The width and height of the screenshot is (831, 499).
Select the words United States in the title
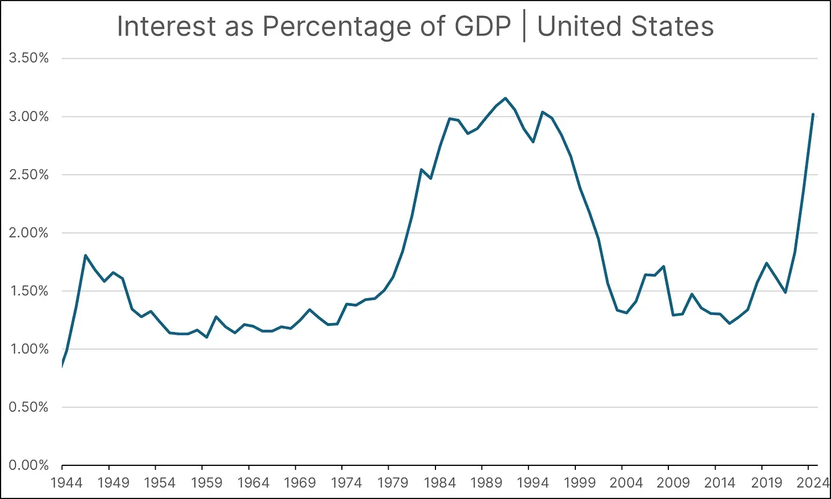pos(626,27)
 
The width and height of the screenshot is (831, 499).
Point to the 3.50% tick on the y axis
pos(29,58)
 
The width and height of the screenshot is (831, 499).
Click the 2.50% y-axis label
pos(29,175)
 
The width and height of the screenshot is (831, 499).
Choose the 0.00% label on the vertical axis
pos(29,465)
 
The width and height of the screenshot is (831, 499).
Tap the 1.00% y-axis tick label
pos(29,349)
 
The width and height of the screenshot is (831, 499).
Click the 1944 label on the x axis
pos(66,483)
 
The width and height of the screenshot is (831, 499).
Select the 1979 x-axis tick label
pos(393,483)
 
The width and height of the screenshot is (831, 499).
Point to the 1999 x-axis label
pos(579,483)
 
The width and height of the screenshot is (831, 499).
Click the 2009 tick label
pos(673,483)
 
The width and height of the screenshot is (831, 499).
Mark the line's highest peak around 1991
pos(506,98)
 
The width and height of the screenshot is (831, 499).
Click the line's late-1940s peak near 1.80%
pos(86,255)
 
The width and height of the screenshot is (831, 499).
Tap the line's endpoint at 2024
pos(813,115)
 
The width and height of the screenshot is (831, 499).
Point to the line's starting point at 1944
pos(62,365)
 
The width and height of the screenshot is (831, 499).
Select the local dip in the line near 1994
pos(533,142)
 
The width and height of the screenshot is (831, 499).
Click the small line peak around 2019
pos(767,263)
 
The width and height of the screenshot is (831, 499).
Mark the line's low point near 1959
pos(207,337)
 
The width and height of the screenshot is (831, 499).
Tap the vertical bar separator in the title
pos(524,27)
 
